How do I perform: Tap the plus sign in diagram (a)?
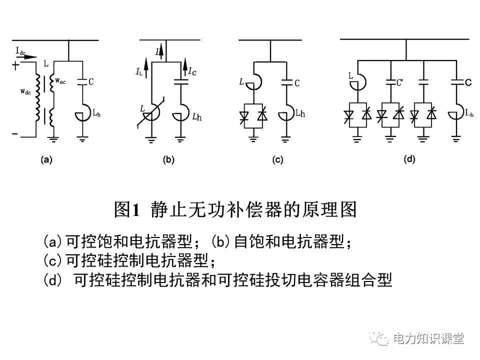tap(16, 65)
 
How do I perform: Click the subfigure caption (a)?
tap(46, 160)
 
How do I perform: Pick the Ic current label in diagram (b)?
tap(191, 70)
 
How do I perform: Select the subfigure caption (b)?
tap(168, 160)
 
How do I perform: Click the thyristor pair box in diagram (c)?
tap(254, 116)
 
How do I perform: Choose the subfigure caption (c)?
tap(276, 160)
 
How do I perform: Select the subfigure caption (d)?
tap(409, 160)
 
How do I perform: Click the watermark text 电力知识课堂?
tap(428, 338)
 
